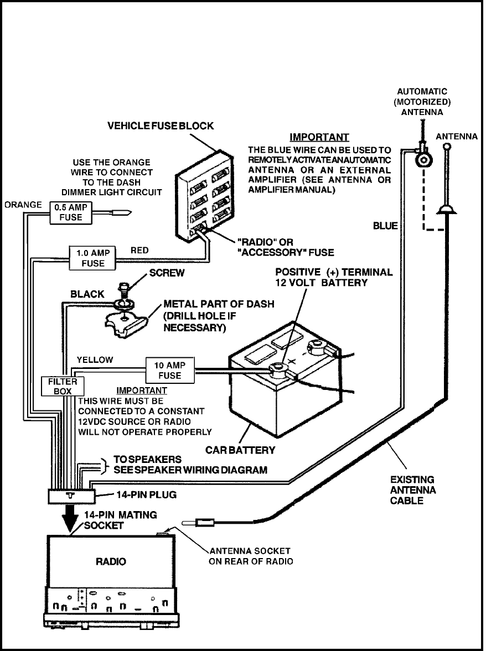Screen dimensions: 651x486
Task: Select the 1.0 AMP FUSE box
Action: tap(92, 258)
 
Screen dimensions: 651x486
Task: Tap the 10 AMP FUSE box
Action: tap(169, 370)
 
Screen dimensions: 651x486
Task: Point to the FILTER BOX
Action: tap(59, 386)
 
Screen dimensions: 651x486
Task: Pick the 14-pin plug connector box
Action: tap(70, 495)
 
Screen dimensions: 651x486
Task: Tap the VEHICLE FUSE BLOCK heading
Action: tap(160, 127)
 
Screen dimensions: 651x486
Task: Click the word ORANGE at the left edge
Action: tap(23, 205)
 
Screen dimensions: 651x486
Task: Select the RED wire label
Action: tap(140, 251)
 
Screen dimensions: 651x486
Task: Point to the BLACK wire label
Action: tap(87, 295)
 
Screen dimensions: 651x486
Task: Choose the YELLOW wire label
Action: tap(96, 360)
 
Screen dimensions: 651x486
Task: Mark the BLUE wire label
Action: tap(385, 226)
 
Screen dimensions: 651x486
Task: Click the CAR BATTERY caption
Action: tap(240, 450)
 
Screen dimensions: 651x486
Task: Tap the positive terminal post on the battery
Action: tap(277, 368)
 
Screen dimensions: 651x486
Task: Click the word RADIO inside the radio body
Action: tap(111, 561)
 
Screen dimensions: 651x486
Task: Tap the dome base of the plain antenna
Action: tap(446, 209)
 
